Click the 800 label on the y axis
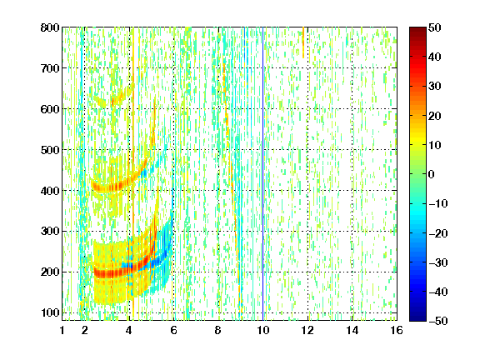50,27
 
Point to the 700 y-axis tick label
50,68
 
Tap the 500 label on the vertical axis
50,150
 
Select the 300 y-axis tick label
50,231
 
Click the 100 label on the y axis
50,312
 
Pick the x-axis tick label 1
62,330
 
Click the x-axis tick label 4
129,330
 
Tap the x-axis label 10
263,330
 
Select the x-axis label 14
352,330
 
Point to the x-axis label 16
397,330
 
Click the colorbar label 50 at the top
434,27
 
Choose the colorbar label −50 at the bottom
438,321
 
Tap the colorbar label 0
432,174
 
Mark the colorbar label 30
434,87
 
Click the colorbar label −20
438,233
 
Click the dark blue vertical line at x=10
263,173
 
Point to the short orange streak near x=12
303,42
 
